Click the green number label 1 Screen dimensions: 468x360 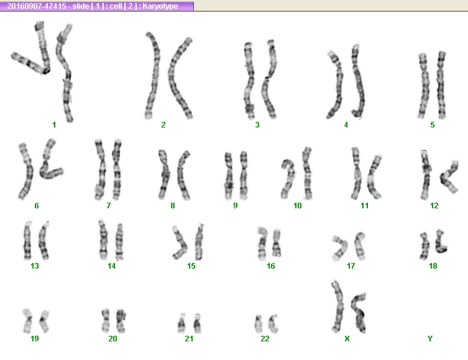tap(54, 124)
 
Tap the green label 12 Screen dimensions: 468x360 tap(434, 205)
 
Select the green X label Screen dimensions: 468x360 tap(347, 338)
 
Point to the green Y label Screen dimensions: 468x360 tap(430, 338)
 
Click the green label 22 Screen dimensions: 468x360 tap(265, 338)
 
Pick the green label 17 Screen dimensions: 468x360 tap(351, 265)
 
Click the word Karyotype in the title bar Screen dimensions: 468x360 tap(160, 6)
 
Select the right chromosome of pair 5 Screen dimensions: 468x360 tap(441, 85)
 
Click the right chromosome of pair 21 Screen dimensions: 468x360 tap(197, 323)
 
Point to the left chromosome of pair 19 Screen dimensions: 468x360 tap(28, 321)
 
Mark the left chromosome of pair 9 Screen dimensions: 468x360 tap(229, 175)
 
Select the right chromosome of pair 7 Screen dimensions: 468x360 tap(117, 170)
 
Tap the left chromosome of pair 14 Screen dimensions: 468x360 tap(103, 240)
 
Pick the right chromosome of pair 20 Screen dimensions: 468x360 tap(121, 321)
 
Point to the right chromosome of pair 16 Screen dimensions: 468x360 tap(277, 243)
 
